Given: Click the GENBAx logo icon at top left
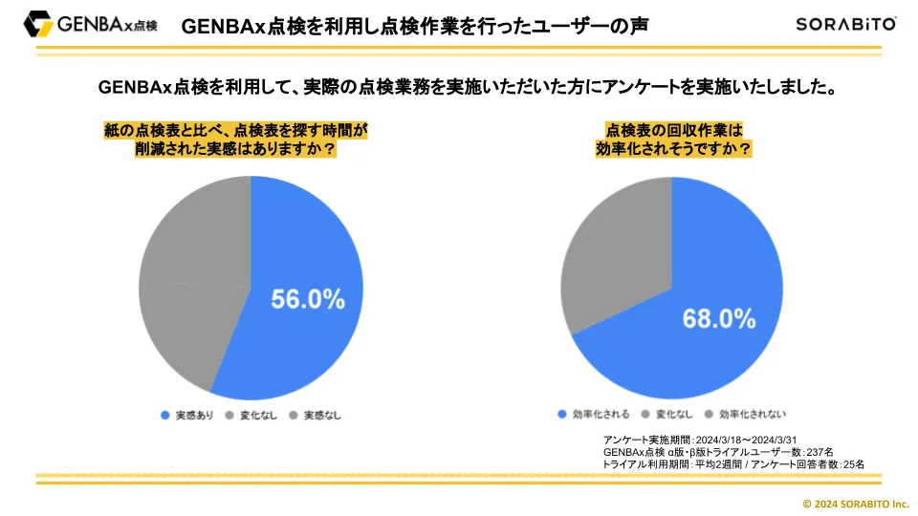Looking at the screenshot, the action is coord(38,24).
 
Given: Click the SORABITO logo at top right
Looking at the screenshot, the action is coord(846,24).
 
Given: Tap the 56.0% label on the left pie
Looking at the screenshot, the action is coord(308,299).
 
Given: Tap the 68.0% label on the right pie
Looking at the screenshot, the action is coord(719,319).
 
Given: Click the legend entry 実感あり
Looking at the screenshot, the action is coord(187,416).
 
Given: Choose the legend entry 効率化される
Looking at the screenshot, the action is coord(594,414).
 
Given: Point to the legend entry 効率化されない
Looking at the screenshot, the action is coord(745,414).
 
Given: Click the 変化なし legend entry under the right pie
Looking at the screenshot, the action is coord(667,414).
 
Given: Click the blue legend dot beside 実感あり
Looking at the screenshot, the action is coord(165,416).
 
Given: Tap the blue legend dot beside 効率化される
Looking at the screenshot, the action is coord(562,414).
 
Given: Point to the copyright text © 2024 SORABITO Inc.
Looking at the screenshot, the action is coord(855,504).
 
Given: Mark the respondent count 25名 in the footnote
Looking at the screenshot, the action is coord(854,464).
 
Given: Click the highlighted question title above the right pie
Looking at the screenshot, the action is coord(674,140).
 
